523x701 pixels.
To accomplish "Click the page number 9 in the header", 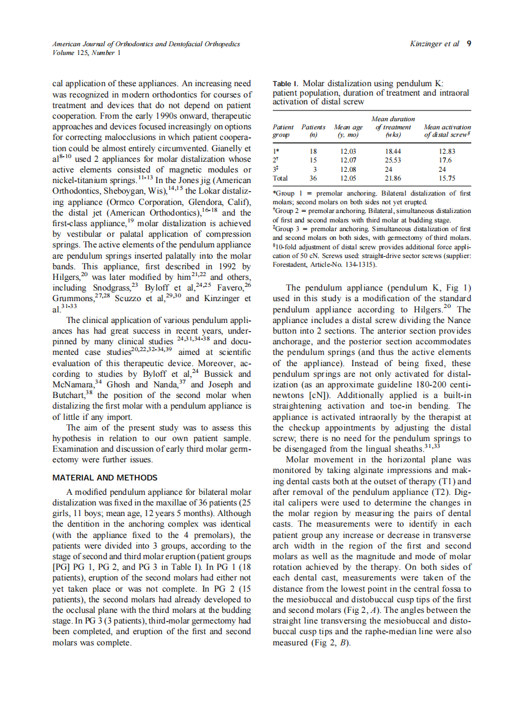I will (468, 44).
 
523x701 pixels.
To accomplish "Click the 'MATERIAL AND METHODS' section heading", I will (105, 477).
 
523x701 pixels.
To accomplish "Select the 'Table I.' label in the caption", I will (286, 83).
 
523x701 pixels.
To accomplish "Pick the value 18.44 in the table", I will (393, 151).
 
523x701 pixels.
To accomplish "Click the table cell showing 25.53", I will (393, 160).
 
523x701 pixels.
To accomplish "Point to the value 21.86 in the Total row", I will (393, 177).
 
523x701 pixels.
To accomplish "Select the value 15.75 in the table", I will (447, 177).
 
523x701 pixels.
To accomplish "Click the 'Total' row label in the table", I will (281, 177).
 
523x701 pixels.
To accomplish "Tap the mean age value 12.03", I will (348, 151).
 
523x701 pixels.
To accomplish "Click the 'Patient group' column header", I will (283, 131).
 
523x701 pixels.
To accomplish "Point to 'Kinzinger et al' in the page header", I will (434, 44).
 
